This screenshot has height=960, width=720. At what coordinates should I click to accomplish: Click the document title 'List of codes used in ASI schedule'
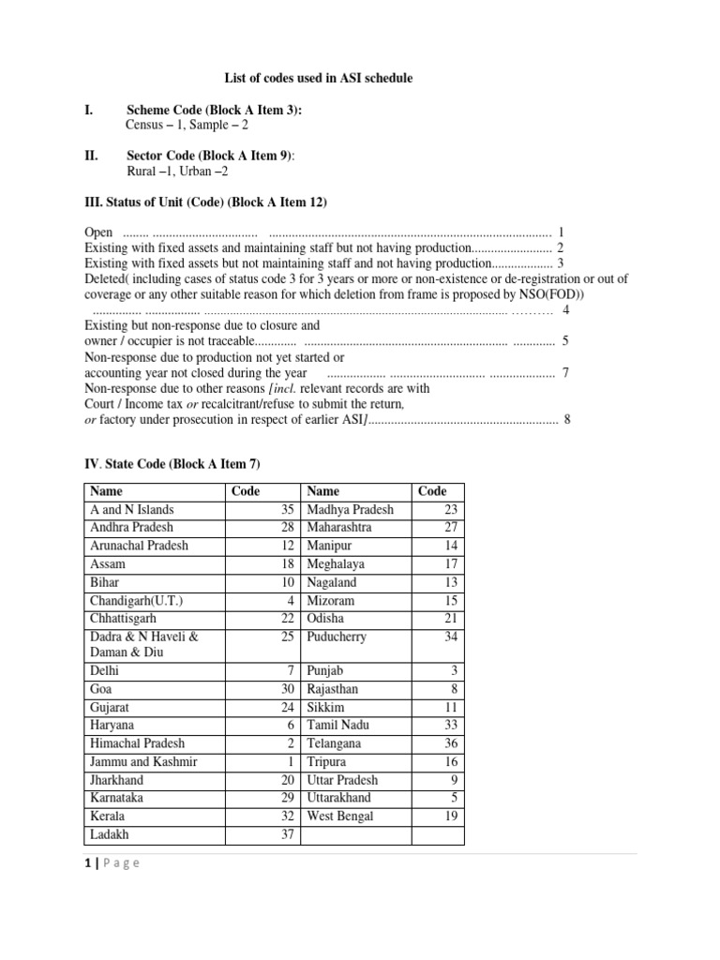click(317, 79)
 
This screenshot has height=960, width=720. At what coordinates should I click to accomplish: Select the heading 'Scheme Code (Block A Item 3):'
click(214, 110)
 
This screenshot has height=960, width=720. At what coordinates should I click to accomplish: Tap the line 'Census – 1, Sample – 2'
click(187, 125)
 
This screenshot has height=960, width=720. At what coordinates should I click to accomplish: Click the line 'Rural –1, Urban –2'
click(176, 172)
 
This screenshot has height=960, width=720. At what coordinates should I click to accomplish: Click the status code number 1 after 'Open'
click(561, 232)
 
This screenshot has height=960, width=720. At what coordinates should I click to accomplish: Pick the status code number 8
click(566, 419)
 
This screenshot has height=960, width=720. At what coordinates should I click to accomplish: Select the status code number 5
click(565, 341)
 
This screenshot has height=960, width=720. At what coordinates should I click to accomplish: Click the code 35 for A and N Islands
click(288, 510)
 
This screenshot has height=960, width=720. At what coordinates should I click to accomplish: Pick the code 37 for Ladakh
click(288, 834)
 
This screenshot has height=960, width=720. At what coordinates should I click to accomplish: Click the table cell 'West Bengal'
click(339, 817)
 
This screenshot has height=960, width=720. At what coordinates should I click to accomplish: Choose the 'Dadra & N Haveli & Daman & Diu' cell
click(143, 645)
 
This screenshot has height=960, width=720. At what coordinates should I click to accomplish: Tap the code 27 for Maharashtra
click(453, 528)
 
